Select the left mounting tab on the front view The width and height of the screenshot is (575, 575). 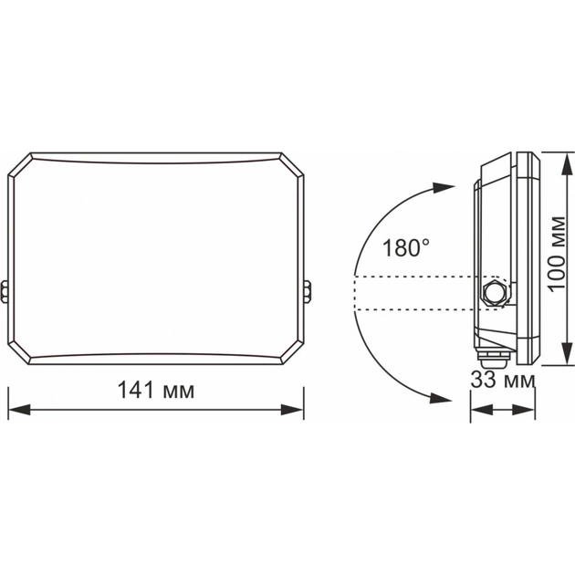[5, 290]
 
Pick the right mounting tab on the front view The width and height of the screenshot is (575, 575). [308, 290]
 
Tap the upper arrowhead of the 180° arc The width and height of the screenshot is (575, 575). [443, 188]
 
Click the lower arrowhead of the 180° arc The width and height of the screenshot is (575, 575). [443, 398]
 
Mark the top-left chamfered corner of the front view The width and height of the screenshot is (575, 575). [20, 165]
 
